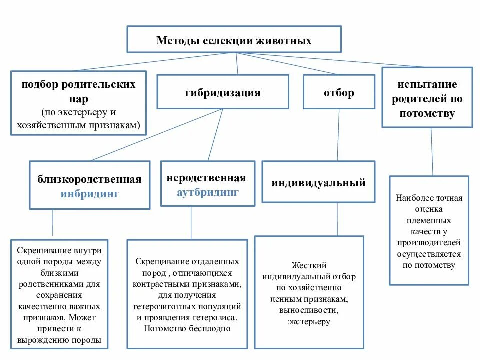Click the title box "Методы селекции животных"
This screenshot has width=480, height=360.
pos(234,40)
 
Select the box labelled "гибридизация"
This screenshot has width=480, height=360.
pos(222,92)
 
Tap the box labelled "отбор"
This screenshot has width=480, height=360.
pos(339,92)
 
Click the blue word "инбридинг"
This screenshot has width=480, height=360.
pos(90,194)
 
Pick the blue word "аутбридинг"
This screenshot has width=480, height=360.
pos(208,192)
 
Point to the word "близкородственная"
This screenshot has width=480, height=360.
pos(90,179)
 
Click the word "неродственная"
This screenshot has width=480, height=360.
pos(206,178)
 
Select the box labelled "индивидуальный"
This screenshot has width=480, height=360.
pos(318,183)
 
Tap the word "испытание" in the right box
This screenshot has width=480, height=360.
pos(427,84)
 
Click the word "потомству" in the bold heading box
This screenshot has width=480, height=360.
pos(427,114)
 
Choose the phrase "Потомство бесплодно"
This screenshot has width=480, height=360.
pos(187,328)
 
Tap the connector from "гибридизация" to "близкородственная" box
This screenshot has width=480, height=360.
pos(155,135)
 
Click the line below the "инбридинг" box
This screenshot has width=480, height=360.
pos(52,223)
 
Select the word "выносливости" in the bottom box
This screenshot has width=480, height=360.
pos(309,310)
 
